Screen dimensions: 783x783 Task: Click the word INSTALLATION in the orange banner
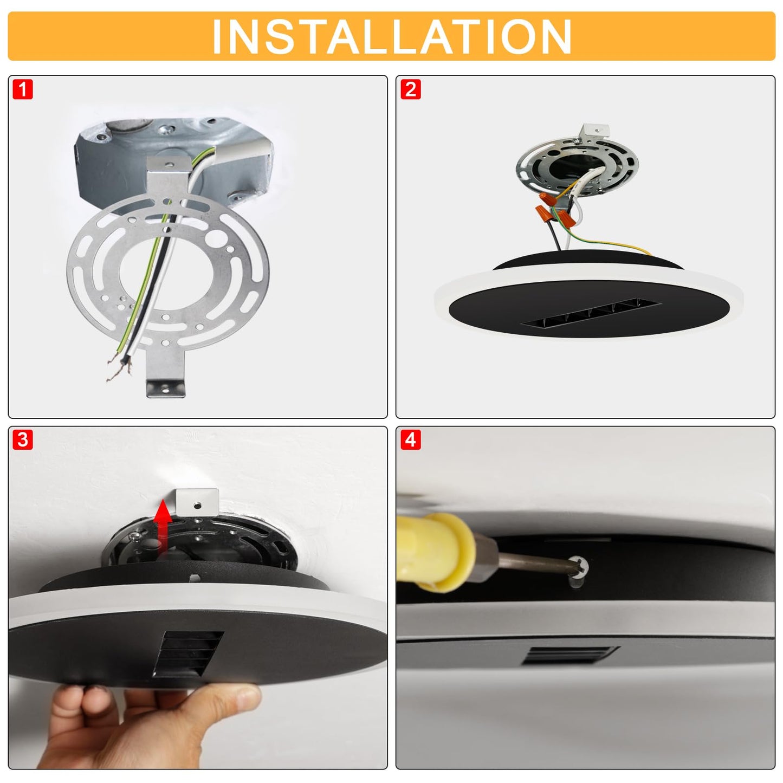click(391, 36)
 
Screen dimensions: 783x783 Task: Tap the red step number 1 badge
click(23, 89)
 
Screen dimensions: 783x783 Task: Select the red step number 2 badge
click(411, 89)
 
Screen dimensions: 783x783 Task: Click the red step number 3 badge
click(23, 441)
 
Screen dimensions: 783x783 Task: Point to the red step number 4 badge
click(411, 441)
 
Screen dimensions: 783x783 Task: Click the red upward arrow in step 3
click(163, 526)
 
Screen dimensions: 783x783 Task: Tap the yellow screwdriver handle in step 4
click(437, 552)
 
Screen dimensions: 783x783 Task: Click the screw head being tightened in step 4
click(581, 566)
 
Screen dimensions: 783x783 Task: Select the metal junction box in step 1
click(173, 163)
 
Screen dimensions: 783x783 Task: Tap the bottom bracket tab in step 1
click(166, 388)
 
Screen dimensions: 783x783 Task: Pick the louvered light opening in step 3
click(187, 654)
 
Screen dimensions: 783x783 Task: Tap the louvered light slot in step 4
click(570, 656)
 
